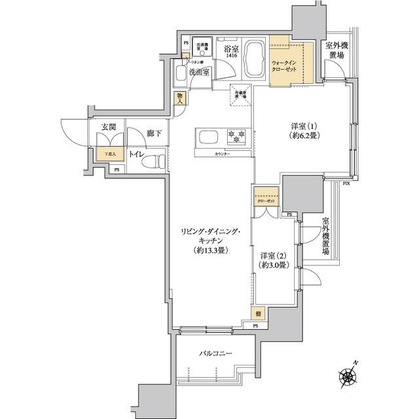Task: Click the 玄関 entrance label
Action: tap(109, 128)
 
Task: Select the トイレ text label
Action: tap(137, 155)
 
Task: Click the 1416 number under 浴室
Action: tap(231, 57)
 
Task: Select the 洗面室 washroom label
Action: tap(198, 73)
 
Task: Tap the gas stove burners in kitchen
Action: tap(235, 136)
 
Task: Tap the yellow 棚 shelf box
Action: tap(259, 314)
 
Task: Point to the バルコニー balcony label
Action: tap(216, 354)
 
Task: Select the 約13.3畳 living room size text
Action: tap(211, 250)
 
